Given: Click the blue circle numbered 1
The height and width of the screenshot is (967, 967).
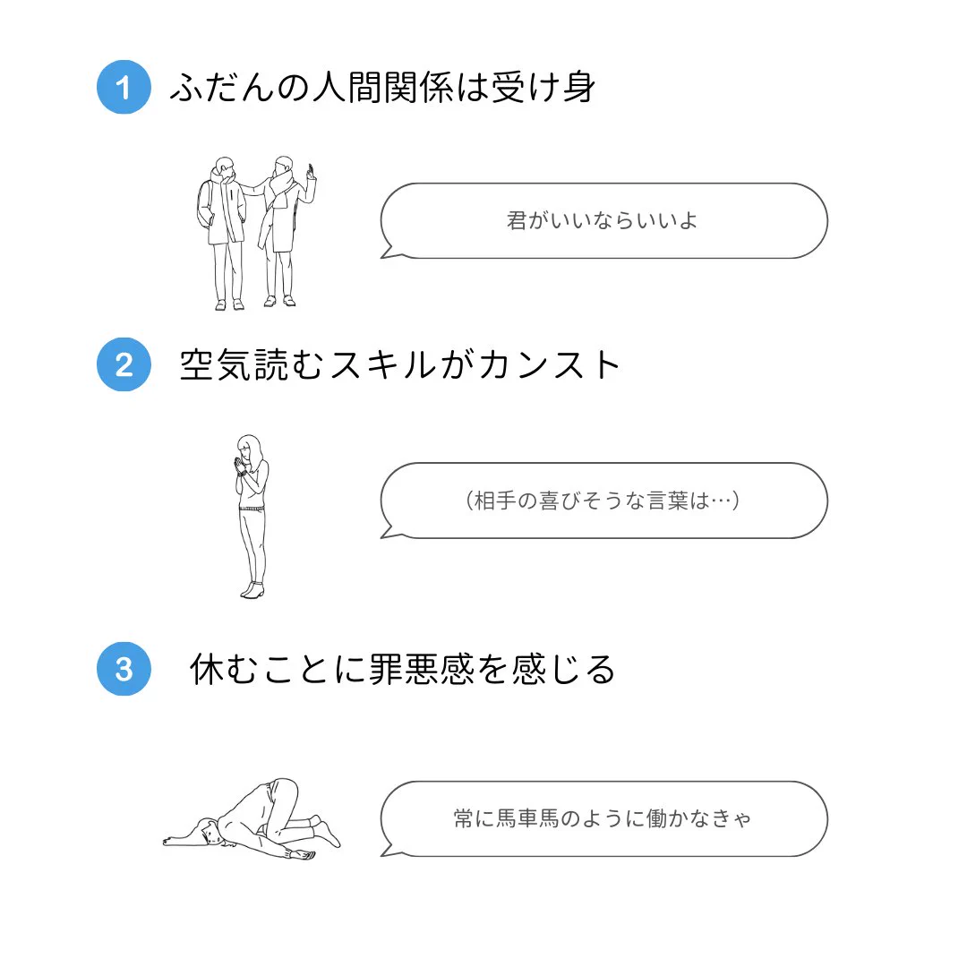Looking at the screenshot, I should click(124, 88).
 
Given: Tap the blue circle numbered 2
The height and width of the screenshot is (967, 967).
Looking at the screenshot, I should click(124, 364).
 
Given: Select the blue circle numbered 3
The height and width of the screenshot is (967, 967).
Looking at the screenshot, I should click(124, 669).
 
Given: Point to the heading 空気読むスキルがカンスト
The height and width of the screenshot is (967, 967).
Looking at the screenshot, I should click(400, 365).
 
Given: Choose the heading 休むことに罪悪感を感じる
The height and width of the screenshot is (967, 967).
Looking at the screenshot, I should click(403, 669).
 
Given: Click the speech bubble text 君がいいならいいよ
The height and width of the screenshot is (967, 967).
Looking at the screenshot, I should click(603, 221).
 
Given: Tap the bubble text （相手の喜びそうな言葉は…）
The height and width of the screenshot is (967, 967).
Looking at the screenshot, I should click(603, 501).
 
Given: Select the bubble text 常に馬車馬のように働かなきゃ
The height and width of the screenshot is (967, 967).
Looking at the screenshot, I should click(603, 818).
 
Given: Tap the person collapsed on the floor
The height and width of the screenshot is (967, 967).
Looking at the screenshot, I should click(255, 819).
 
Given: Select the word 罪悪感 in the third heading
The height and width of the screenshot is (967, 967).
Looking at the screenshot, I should click(422, 669).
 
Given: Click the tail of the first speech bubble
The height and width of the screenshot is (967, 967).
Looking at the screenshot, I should click(389, 252).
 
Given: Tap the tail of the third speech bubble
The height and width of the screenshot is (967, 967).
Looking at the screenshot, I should click(389, 850).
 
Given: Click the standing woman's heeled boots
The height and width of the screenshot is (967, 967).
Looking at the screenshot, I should click(252, 589).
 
